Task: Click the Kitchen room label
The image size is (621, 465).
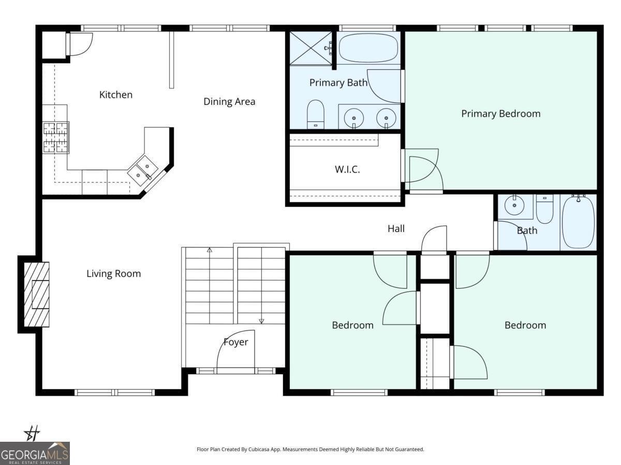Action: pos(115,95)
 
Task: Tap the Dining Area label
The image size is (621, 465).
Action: pos(229,101)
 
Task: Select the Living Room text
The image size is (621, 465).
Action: pos(113,274)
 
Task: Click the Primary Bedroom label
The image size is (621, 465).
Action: pos(500,114)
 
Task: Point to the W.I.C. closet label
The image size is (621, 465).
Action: pos(347,169)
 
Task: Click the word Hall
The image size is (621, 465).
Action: pos(396,228)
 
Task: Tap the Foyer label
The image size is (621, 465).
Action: pos(235,342)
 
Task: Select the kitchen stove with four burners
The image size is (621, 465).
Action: pos(55,137)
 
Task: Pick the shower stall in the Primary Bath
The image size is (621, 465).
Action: pos(310,48)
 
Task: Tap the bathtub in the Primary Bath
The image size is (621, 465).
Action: pos(368,49)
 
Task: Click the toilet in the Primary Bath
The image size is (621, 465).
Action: pos(315,114)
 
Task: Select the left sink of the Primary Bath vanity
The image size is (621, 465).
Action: pos(354,116)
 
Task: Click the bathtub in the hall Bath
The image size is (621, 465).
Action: pos(578,221)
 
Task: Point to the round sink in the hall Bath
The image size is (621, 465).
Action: pos(514,206)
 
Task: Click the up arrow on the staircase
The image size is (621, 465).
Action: pos(210,251)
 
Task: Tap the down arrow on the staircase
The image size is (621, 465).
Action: pos(261,320)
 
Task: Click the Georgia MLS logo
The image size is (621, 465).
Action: pos(35,453)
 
